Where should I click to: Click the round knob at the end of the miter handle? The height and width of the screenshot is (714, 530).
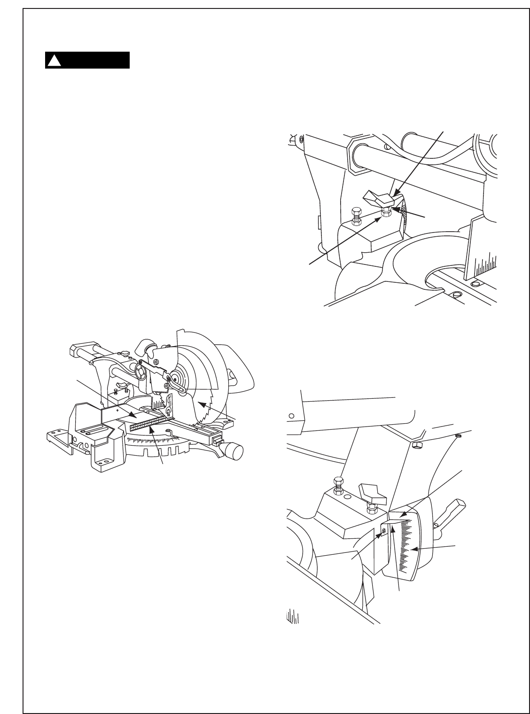tap(235, 451)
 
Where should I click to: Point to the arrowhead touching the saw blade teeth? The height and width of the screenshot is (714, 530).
tap(200, 403)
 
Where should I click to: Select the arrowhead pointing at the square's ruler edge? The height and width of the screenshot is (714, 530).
tap(151, 428)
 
